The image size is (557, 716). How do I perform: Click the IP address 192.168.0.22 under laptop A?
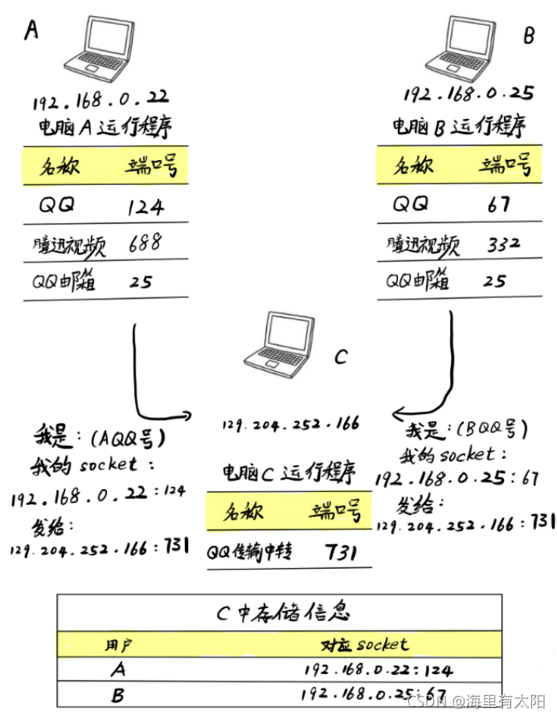[100, 102]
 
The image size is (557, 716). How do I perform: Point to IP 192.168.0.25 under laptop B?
[468, 95]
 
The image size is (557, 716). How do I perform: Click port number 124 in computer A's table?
[145, 207]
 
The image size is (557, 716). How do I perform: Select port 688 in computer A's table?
[145, 242]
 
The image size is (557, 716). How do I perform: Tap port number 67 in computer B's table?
[498, 204]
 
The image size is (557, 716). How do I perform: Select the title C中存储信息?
[284, 612]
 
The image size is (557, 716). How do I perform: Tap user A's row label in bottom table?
[118, 670]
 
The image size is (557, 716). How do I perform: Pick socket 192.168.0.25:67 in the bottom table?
[373, 693]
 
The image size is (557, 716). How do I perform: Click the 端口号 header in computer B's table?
[505, 167]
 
